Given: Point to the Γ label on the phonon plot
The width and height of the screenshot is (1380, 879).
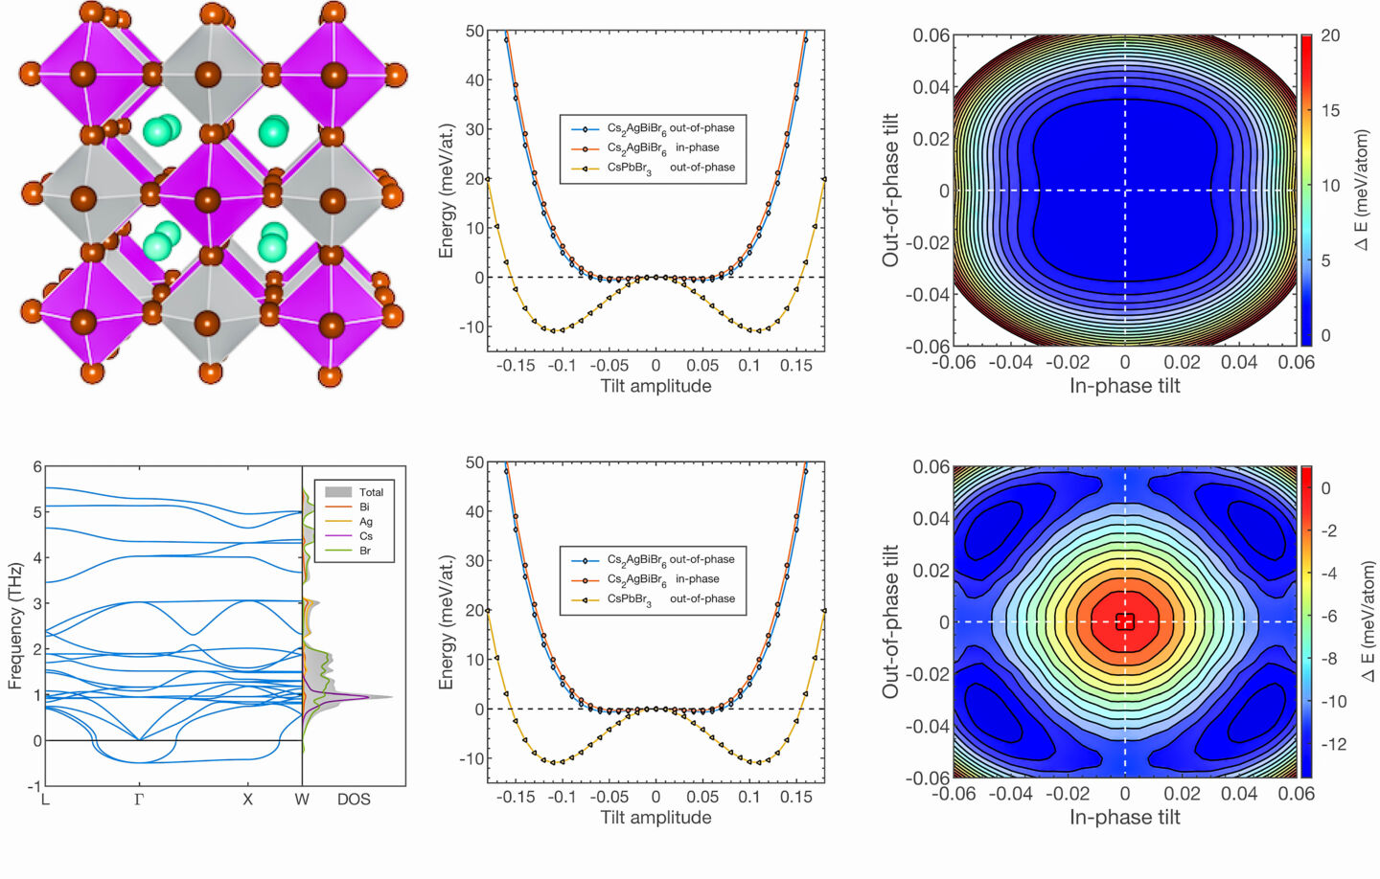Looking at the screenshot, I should tap(139, 799).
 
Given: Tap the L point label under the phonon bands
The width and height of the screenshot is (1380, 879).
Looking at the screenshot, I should tap(45, 799).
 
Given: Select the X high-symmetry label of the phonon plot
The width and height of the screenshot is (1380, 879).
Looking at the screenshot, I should tap(247, 799).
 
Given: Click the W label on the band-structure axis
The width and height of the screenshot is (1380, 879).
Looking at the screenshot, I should tap(302, 799).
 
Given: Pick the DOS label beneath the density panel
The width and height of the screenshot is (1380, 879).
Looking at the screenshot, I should tap(354, 799).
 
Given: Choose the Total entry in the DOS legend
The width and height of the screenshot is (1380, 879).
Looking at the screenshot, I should tap(371, 492).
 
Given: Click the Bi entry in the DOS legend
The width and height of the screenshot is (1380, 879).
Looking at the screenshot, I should tap(364, 507).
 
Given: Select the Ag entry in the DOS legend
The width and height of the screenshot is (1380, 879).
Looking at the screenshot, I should tap(366, 522).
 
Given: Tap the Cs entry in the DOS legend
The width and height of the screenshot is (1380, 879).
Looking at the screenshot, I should tap(366, 536).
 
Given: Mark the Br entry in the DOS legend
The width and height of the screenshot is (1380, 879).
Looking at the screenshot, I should tap(365, 551).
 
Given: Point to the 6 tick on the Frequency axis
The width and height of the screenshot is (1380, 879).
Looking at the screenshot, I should tap(37, 467).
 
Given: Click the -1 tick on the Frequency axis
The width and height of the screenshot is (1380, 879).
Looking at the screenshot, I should tap(35, 786).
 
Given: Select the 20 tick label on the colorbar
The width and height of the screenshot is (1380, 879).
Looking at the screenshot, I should tap(1330, 35).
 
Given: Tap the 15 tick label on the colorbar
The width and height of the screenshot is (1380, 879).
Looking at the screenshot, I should tap(1330, 110).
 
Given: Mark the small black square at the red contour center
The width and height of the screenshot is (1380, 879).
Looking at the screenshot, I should tap(1126, 621).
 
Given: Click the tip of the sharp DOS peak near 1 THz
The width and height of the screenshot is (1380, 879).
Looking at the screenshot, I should tap(391, 697).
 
